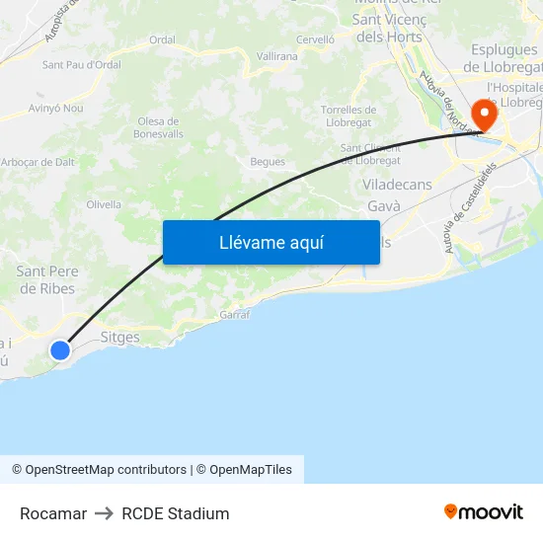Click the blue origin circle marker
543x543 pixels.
[x=60, y=349]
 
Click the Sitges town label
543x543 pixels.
[x=120, y=337]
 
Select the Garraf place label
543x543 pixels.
[x=235, y=314]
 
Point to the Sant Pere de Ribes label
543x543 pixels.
[x=46, y=279]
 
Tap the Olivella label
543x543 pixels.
[x=104, y=204]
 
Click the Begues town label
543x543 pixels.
[x=268, y=162]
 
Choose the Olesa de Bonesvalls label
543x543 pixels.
[x=158, y=126]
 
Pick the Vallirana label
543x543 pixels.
[x=277, y=57]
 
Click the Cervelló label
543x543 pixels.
[x=316, y=39]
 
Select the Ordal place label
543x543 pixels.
[x=162, y=39]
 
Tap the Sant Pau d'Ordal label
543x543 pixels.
[x=81, y=65]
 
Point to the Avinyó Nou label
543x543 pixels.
[x=55, y=108]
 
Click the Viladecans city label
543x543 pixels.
[x=398, y=185]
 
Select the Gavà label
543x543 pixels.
[x=383, y=205]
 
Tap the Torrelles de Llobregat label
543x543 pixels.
[x=349, y=116]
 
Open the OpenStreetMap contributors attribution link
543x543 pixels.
[x=106, y=470]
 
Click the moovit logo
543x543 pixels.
[x=484, y=511]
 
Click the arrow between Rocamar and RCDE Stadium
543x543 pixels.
[x=104, y=513]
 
